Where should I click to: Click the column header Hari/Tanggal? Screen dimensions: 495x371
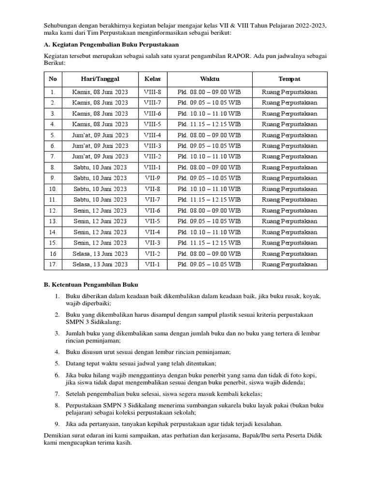100,79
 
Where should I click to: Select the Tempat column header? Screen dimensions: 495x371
289,79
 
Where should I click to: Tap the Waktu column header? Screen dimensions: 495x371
210,79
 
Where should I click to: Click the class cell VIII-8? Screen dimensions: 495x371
153,92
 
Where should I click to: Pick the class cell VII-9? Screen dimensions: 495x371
153,178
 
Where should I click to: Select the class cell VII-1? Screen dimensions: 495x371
153,264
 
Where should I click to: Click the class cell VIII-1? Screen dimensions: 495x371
153,167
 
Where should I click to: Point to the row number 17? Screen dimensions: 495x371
53,264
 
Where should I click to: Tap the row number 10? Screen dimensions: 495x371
53,189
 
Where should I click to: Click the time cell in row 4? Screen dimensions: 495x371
209,124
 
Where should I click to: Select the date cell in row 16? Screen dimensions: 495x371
100,254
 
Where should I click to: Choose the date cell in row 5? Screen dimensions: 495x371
100,135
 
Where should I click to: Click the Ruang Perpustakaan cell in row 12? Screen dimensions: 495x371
289,210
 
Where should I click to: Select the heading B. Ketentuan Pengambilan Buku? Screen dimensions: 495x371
91,285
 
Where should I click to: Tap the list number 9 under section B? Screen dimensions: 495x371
57,424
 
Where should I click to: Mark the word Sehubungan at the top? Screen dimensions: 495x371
61,25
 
